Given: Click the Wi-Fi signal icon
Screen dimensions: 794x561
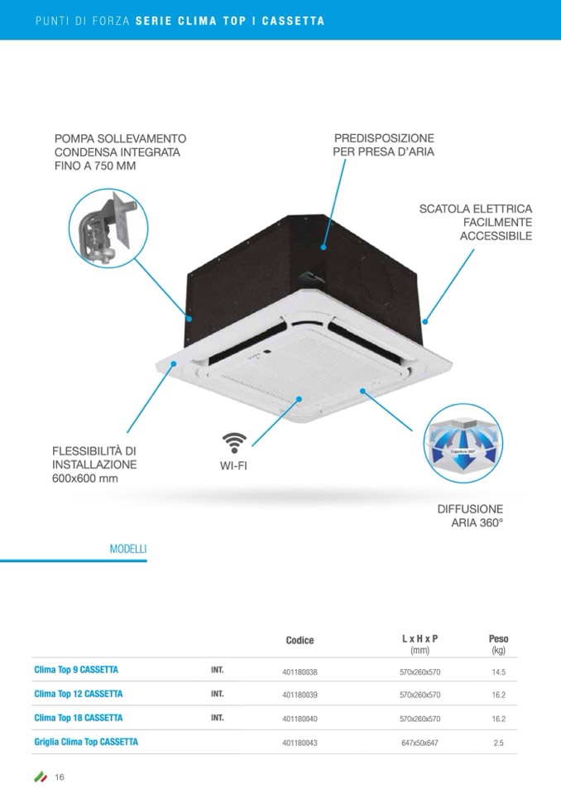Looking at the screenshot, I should click(x=234, y=443).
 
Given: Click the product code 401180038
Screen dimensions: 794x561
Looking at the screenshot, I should click(x=300, y=673).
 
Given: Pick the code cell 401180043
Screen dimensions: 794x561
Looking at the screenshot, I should click(x=300, y=743).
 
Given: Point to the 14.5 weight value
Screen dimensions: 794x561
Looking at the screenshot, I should click(x=498, y=673).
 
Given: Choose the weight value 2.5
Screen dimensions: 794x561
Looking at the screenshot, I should click(x=498, y=743).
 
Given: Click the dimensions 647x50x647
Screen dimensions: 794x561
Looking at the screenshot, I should click(x=420, y=743).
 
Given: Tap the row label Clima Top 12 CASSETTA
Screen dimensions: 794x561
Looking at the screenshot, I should click(x=79, y=694).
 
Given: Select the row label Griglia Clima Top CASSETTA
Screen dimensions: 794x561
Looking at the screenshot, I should click(x=86, y=742).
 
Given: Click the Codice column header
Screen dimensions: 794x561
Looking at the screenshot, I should click(x=300, y=641).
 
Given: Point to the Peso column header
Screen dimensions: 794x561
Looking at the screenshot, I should click(x=498, y=639).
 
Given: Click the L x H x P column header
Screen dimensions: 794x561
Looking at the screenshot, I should click(x=420, y=639).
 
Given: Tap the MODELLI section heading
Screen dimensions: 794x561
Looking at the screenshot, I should click(x=128, y=549).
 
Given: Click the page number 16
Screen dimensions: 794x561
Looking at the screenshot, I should click(x=60, y=777).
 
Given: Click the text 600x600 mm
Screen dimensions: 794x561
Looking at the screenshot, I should click(x=85, y=479).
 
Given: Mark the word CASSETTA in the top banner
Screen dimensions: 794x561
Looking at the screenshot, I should click(x=293, y=21).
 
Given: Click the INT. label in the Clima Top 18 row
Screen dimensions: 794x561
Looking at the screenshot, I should click(x=218, y=718).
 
